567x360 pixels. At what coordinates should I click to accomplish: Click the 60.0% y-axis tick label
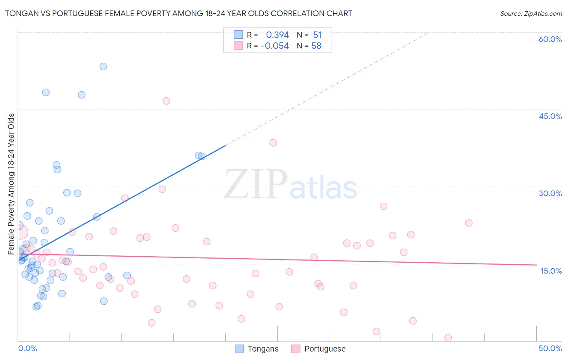pyautogui.click(x=550, y=39)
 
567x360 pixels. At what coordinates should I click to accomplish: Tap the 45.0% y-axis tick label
pyautogui.click(x=550, y=116)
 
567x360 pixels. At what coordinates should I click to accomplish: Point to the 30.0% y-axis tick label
pyautogui.click(x=550, y=193)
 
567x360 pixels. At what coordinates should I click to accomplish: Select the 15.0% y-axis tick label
pyautogui.click(x=551, y=270)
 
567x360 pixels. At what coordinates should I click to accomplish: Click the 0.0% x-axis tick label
pyautogui.click(x=27, y=348)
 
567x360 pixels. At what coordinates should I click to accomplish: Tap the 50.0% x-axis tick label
pyautogui.click(x=550, y=348)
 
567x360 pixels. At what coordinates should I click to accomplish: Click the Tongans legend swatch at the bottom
pyautogui.click(x=239, y=349)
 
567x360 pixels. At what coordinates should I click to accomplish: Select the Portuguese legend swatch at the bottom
pyautogui.click(x=296, y=349)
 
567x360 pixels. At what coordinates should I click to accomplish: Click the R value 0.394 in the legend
pyautogui.click(x=277, y=35)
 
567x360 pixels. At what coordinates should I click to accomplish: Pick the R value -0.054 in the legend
pyautogui.click(x=275, y=46)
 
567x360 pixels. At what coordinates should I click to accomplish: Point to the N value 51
pyautogui.click(x=317, y=35)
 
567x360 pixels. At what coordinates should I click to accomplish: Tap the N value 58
pyautogui.click(x=316, y=46)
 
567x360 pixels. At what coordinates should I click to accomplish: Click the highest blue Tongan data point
pyautogui.click(x=103, y=67)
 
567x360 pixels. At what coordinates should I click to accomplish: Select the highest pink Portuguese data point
pyautogui.click(x=166, y=101)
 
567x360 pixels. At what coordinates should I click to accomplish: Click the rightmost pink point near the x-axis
pyautogui.click(x=448, y=337)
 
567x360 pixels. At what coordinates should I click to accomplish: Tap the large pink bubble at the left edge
pyautogui.click(x=20, y=232)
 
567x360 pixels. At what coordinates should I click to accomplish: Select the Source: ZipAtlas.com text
pyautogui.click(x=531, y=13)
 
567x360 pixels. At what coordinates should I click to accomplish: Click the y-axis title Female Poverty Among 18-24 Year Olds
pyautogui.click(x=11, y=184)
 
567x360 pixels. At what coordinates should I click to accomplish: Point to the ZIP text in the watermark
pyautogui.click(x=255, y=185)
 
